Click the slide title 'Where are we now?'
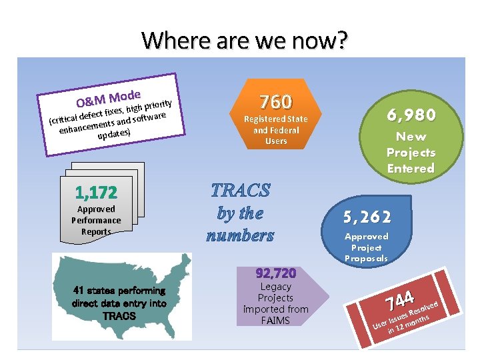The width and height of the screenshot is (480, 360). [245, 41]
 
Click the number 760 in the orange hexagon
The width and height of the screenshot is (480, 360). [275, 102]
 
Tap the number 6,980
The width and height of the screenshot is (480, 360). [411, 115]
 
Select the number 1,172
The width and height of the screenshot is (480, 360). [96, 193]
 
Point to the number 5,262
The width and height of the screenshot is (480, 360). [367, 217]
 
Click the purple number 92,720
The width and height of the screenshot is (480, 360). [275, 273]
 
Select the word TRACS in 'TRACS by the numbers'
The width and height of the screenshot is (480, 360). [241, 191]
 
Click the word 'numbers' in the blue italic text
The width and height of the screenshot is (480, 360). [240, 235]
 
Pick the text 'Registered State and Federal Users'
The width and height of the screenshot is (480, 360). [275, 130]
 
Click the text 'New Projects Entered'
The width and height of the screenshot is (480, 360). [411, 153]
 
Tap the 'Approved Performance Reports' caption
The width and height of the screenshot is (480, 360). [96, 220]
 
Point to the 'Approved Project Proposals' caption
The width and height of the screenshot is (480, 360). [366, 247]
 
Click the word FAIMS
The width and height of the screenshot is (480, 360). [275, 321]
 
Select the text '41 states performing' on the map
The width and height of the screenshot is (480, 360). [119, 291]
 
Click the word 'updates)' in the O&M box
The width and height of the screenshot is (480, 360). [113, 134]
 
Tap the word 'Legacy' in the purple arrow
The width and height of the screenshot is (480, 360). [275, 287]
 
